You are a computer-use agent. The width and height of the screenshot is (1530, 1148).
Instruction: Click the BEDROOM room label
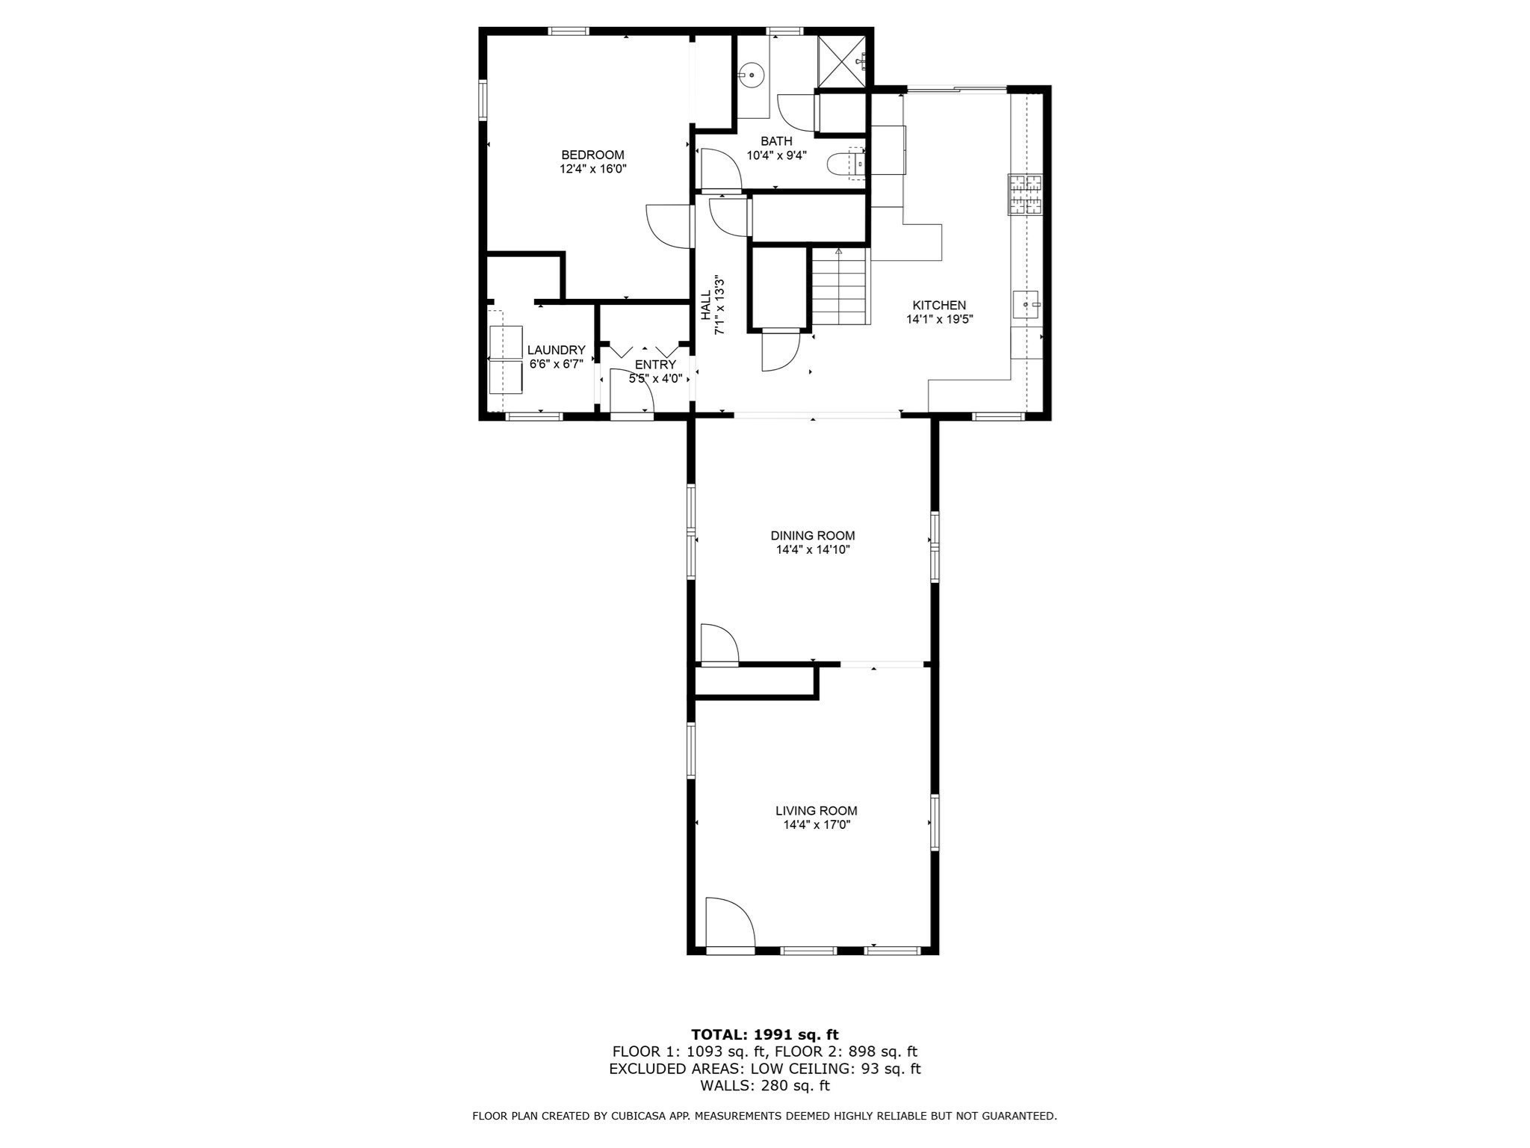tap(592, 155)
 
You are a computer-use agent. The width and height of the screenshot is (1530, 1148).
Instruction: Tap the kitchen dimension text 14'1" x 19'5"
tap(939, 319)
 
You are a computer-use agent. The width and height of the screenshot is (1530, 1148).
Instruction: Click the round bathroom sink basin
tap(751, 75)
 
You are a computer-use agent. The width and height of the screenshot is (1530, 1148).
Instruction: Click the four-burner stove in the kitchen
tap(1024, 194)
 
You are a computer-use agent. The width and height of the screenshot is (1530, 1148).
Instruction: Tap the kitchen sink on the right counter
tap(1026, 305)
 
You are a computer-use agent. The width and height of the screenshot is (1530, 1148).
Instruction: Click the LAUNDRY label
tap(556, 350)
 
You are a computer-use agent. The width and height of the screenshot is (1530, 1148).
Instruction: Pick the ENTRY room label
tap(655, 365)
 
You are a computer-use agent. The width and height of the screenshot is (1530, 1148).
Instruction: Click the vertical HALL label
tap(706, 306)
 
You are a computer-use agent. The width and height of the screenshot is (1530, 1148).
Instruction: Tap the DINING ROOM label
tap(812, 535)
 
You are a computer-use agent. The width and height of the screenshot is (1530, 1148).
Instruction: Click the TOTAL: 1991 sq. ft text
tap(764, 1034)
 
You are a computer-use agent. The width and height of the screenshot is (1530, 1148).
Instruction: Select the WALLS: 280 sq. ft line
tap(764, 1085)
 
